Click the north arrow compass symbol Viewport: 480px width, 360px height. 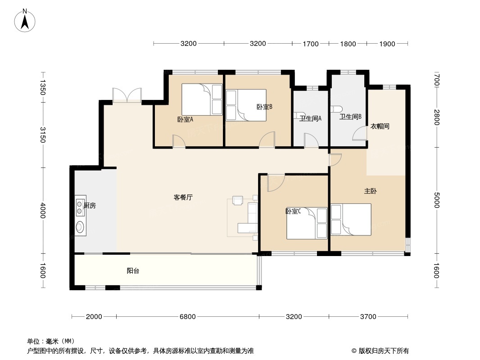tap(25, 20)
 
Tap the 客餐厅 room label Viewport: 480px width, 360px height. tap(183, 197)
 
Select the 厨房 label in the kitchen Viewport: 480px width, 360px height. tap(90, 206)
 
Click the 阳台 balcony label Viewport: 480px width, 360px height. tap(132, 271)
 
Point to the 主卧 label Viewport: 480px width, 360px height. tap(370, 191)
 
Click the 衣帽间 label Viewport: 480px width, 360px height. tap(380, 126)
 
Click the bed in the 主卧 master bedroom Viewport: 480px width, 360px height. tap(351, 220)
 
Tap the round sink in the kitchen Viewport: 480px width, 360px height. tap(81, 227)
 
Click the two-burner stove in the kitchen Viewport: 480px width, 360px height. tap(81, 205)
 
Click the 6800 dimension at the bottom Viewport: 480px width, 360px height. tap(188, 317)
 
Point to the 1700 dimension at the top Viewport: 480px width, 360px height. tap(310, 44)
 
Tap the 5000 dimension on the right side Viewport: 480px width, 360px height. tap(436, 200)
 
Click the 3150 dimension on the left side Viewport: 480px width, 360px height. tap(43, 135)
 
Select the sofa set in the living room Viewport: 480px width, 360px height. tap(245, 216)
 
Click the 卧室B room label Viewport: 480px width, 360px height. tap(264, 107)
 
